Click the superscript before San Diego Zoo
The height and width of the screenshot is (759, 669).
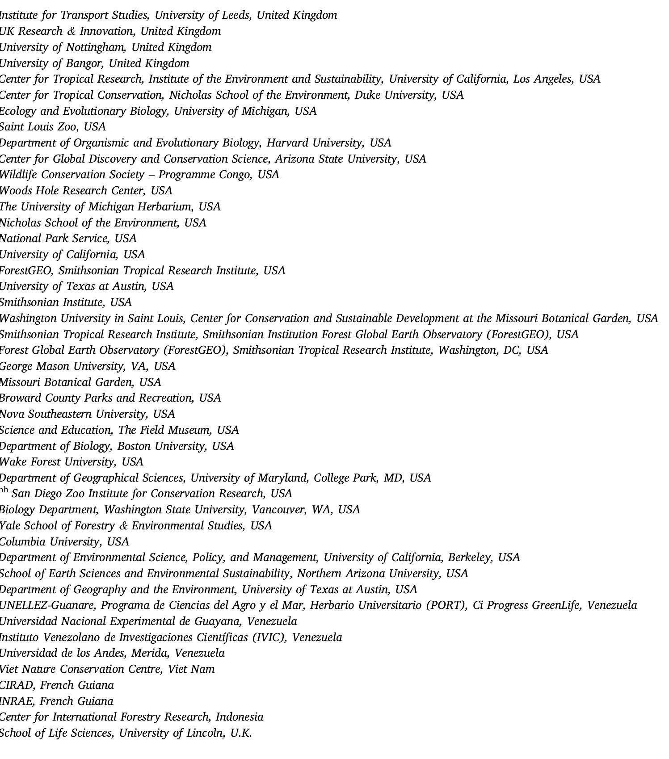tap(4, 491)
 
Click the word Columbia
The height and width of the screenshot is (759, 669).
tap(22, 542)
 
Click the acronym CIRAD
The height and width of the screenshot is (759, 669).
tap(15, 685)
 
